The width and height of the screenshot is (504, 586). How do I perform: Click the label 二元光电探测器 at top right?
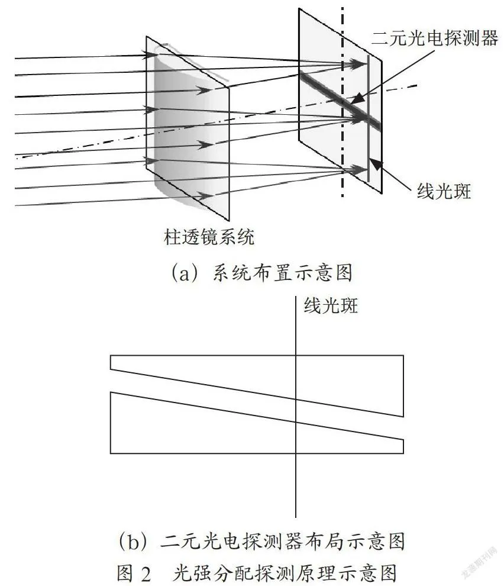[435, 38]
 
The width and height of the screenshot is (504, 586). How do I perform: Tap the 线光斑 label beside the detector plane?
[444, 191]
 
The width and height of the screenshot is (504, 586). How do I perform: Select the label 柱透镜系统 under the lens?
[209, 237]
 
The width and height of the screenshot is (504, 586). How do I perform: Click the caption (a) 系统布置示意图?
[261, 272]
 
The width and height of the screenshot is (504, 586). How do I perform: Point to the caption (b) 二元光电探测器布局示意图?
[261, 541]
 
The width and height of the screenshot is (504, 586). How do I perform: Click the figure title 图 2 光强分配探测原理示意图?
[256, 573]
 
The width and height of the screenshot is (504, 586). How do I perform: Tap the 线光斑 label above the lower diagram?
[331, 305]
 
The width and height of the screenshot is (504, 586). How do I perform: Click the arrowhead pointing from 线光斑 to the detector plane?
[376, 165]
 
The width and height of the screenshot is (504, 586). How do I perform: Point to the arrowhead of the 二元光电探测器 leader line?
[357, 99]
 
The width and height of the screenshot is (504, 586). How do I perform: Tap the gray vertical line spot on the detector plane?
[369, 118]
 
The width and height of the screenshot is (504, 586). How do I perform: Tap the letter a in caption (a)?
[184, 275]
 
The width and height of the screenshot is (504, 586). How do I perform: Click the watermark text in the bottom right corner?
[480, 562]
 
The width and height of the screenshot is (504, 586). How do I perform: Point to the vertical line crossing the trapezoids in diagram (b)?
[296, 407]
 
